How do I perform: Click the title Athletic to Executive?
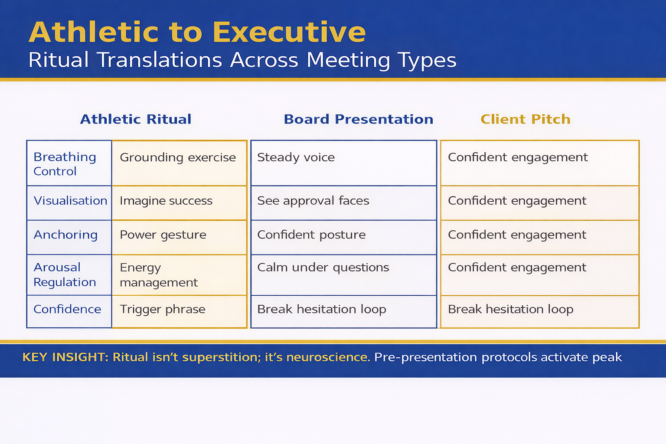tap(197, 33)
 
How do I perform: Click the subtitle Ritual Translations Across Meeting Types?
tap(242, 60)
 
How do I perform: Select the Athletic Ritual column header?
tap(136, 119)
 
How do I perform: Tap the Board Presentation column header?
tap(358, 119)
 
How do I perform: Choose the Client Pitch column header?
tap(525, 119)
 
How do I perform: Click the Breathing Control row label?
tap(65, 164)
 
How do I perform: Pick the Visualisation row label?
tap(70, 201)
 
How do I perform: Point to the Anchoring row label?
tap(65, 235)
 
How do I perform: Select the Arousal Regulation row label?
tap(65, 274)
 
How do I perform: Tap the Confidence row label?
tap(67, 309)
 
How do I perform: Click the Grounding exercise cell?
tap(178, 157)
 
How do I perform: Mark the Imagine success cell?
tap(166, 201)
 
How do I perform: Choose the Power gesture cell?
tap(163, 235)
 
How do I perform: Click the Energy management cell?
tap(159, 275)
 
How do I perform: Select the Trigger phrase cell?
tap(163, 309)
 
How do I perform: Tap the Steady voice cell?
tap(296, 157)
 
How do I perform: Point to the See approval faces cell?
tap(313, 201)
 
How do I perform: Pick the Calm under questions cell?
tap(323, 268)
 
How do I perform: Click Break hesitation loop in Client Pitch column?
tap(510, 309)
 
